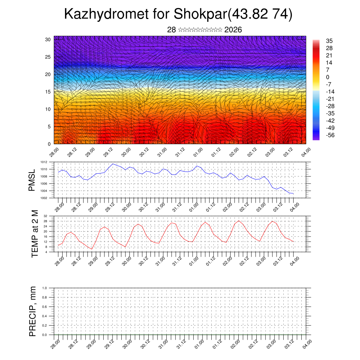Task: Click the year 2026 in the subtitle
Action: (233, 30)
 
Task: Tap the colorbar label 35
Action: (329, 41)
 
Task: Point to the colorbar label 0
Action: (328, 77)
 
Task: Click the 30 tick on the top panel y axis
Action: (48, 39)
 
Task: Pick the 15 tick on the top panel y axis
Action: (48, 92)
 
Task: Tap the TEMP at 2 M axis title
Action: (35, 233)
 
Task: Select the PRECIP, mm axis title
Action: (33, 311)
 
